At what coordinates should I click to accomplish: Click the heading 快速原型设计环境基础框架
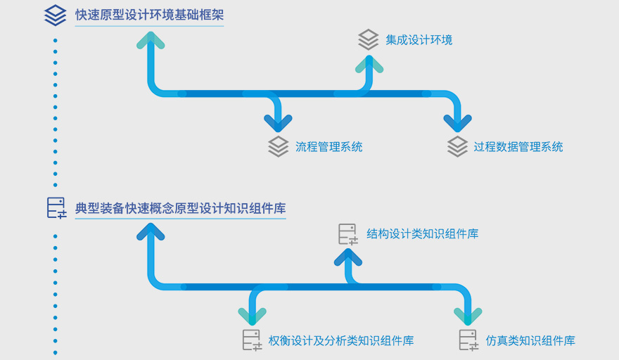coord(149,14)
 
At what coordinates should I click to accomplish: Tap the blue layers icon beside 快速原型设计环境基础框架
coord(55,15)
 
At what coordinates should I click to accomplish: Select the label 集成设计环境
coord(419,39)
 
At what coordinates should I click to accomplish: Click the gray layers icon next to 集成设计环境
coord(368,39)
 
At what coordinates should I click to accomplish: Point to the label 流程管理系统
coord(328,147)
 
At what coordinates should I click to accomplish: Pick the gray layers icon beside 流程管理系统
coord(279,146)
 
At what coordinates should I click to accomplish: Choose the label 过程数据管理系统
coord(518,147)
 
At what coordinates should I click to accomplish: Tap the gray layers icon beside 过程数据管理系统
coord(457,146)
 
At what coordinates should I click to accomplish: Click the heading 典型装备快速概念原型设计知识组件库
coord(180,208)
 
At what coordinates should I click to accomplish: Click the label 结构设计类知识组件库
coord(422,233)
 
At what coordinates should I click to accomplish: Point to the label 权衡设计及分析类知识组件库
coord(341,341)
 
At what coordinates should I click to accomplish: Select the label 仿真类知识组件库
coord(530,341)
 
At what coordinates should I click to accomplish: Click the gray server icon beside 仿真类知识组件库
coord(468,340)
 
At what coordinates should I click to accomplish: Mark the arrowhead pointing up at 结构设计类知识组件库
coord(348,257)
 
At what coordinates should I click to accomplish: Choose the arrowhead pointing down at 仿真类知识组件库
coord(468,315)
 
